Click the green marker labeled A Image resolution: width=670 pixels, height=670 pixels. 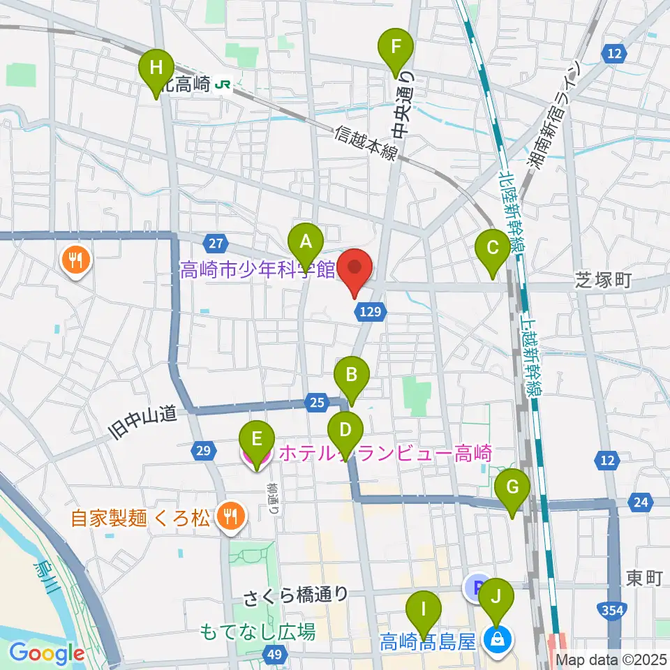(x=305, y=242)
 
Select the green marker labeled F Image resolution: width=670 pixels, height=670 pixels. (x=396, y=48)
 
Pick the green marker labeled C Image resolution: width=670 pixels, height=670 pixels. (x=493, y=248)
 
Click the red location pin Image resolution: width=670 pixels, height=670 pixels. (x=355, y=268)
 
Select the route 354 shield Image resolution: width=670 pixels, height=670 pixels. (x=611, y=611)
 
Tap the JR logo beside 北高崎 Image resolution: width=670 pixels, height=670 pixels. (x=224, y=84)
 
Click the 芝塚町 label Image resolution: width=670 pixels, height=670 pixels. (x=603, y=281)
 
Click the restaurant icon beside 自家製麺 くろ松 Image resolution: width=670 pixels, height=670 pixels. (x=228, y=517)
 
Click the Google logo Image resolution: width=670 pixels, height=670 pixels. (x=47, y=654)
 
